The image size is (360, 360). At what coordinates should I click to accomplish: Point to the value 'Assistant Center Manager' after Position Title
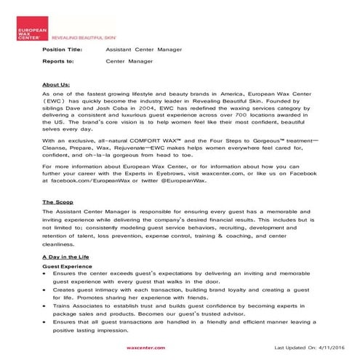(143, 49)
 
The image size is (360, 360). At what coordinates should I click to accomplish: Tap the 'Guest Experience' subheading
(66, 267)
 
